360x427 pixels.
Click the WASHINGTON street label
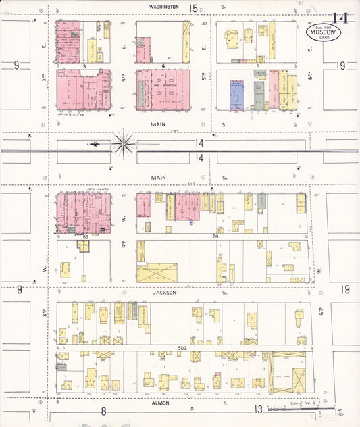click(x=164, y=6)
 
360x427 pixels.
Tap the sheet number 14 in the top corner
click(x=340, y=18)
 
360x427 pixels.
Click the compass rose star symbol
click(x=124, y=143)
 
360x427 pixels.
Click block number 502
click(x=182, y=347)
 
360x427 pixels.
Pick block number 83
click(x=86, y=237)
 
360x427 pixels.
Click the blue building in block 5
click(x=236, y=95)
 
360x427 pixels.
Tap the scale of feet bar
click(x=301, y=408)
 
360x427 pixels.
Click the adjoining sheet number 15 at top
click(x=194, y=7)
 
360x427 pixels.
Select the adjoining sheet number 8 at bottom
click(x=104, y=410)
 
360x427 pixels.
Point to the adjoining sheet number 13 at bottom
click(x=258, y=409)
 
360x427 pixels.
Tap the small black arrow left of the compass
click(x=94, y=143)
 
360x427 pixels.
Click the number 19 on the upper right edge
click(x=342, y=66)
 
